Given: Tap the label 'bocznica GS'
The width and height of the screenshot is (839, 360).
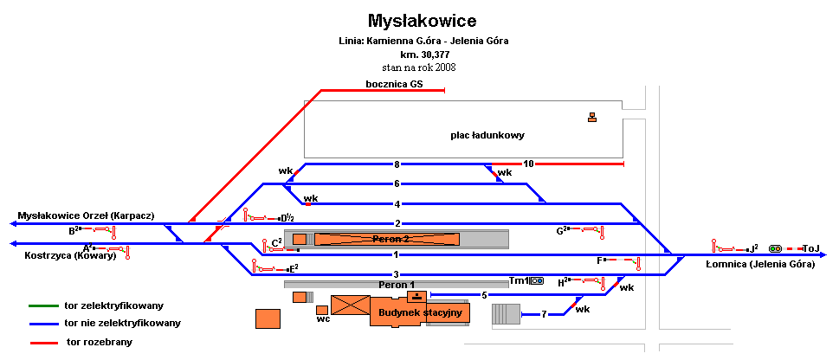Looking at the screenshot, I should tap(394, 83).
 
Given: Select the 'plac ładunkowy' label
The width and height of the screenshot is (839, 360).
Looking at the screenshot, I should tap(487, 135).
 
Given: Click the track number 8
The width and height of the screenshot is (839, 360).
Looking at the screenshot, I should tap(397, 164).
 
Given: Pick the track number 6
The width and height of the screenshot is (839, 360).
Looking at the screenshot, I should tap(397, 183).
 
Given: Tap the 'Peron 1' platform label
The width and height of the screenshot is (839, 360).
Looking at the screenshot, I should tap(396, 284).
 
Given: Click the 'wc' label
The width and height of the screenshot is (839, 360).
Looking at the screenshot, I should tap(323, 318).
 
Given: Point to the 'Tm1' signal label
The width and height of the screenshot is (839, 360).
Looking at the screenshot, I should tap(518, 280).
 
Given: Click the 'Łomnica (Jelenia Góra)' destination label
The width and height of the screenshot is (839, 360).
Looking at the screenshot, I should tap(760, 264).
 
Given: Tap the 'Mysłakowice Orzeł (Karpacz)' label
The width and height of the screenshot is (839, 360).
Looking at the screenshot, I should tap(86, 215).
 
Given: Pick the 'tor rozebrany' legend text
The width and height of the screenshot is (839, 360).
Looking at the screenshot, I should tap(100, 343).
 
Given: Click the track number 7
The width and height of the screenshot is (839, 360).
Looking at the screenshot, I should tap(545, 314).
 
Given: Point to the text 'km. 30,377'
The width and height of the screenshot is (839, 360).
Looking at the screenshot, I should tap(423, 54).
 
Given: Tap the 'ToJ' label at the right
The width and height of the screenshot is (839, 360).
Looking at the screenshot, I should tap(811, 247).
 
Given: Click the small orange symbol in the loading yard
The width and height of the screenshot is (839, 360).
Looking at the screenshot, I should tap(592, 118).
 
